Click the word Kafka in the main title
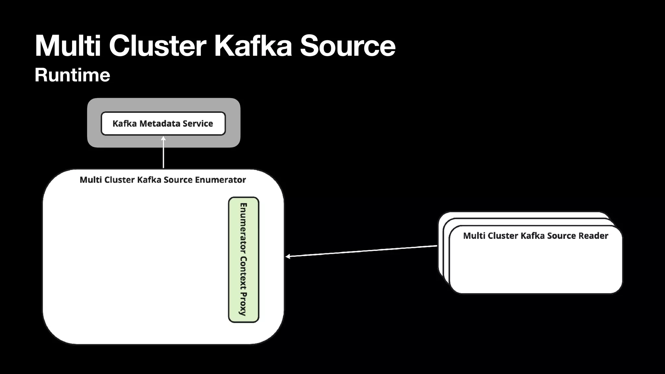tap(253, 46)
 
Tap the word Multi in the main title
tap(68, 46)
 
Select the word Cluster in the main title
tap(157, 46)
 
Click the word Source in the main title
tap(347, 46)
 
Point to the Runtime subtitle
tap(72, 75)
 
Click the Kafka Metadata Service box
tap(163, 123)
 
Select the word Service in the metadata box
tap(198, 123)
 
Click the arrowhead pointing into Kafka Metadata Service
tap(163, 139)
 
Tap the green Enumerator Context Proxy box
tap(244, 260)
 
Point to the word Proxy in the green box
tap(243, 304)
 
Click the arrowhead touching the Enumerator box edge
tap(288, 256)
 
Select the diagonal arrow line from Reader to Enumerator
tap(360, 251)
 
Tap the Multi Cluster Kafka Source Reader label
tap(535, 236)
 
